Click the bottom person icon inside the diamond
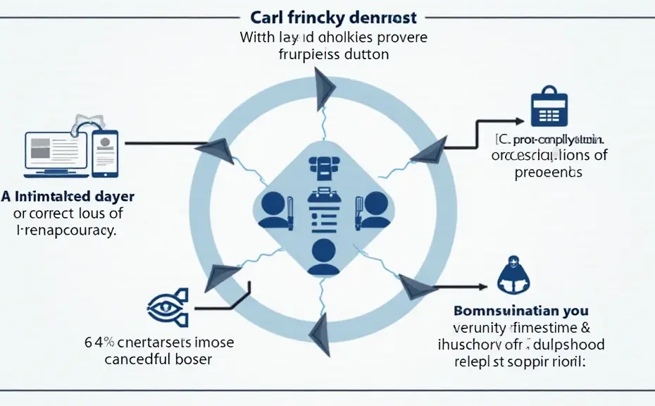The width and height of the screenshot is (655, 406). pyautogui.click(x=323, y=256)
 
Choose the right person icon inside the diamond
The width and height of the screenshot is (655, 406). pyautogui.click(x=373, y=206)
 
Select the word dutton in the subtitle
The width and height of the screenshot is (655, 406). pyautogui.click(x=365, y=54)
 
